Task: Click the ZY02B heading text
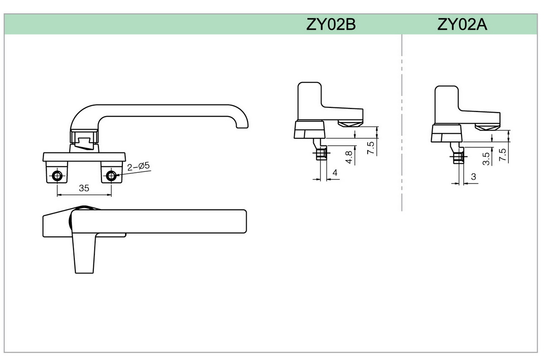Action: [330, 24]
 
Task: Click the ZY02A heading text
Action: [462, 24]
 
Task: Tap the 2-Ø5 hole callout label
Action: [138, 167]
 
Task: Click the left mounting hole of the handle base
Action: [58, 176]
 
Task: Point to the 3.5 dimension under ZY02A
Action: [486, 158]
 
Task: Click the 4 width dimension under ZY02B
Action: [335, 173]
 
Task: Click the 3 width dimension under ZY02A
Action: [473, 177]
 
